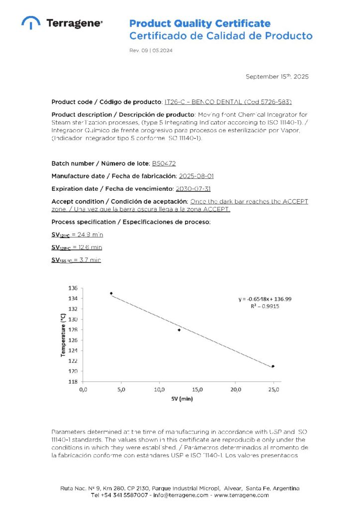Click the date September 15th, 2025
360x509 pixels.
(x=277, y=77)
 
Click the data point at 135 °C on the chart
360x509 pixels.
(x=111, y=293)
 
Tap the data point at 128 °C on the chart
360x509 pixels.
(x=179, y=330)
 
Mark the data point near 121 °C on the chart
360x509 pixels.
(x=273, y=366)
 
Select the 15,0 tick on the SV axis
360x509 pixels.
(x=197, y=389)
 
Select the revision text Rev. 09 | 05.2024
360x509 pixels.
(x=151, y=51)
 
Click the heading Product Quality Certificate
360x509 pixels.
(x=200, y=23)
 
